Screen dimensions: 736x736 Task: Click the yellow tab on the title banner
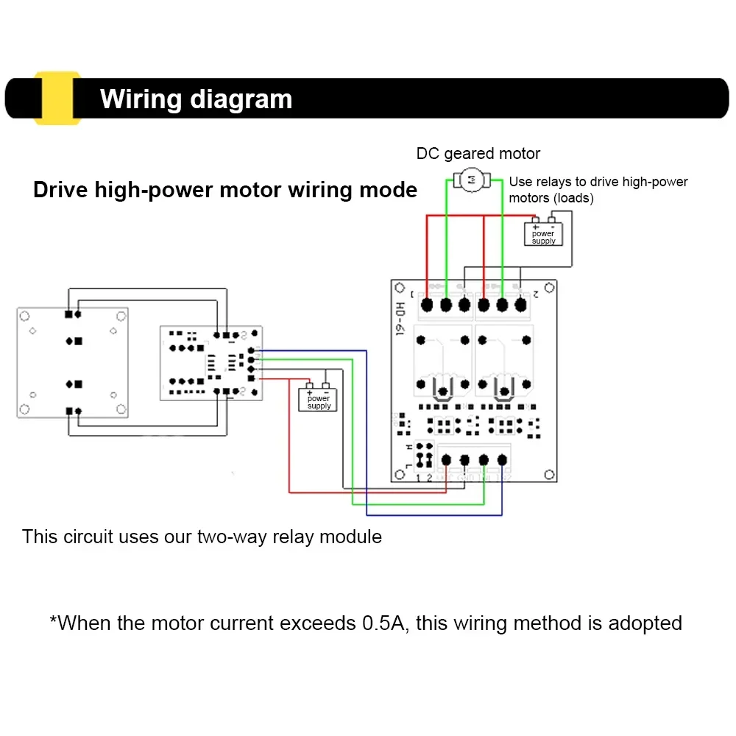point(57,98)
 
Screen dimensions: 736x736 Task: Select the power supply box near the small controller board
point(319,400)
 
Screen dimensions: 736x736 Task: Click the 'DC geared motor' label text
point(478,154)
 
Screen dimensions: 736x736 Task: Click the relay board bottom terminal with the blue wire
point(502,460)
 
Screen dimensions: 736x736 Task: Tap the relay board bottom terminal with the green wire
point(484,460)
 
